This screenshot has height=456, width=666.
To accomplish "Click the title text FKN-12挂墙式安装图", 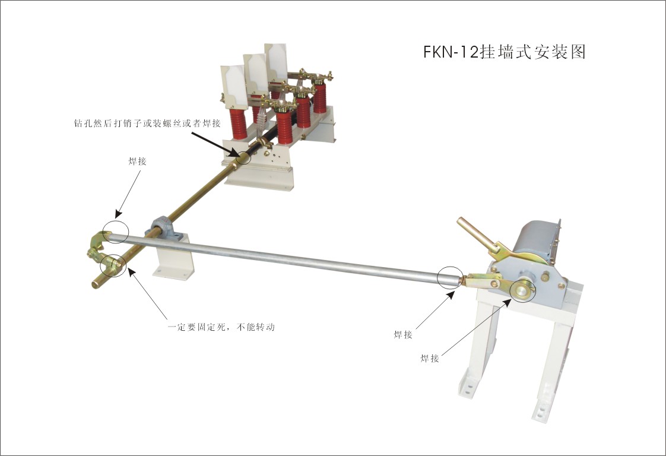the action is (x=505, y=52).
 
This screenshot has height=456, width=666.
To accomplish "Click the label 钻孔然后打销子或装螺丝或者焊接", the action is (x=147, y=123).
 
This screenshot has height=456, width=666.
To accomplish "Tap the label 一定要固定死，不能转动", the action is (x=221, y=327).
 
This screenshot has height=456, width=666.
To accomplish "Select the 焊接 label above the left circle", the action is (x=137, y=161).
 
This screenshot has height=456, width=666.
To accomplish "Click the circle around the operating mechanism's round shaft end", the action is (x=524, y=291).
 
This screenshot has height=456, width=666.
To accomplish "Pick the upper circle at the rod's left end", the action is (x=115, y=232).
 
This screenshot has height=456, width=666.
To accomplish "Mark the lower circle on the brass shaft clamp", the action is (x=113, y=265).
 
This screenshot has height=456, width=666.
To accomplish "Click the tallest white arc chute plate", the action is (x=275, y=62).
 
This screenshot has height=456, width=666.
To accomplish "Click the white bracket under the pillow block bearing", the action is (x=174, y=259).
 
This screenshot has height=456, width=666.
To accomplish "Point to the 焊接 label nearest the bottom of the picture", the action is (x=429, y=358).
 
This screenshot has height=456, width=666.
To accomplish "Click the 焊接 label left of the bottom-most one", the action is (x=402, y=335).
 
